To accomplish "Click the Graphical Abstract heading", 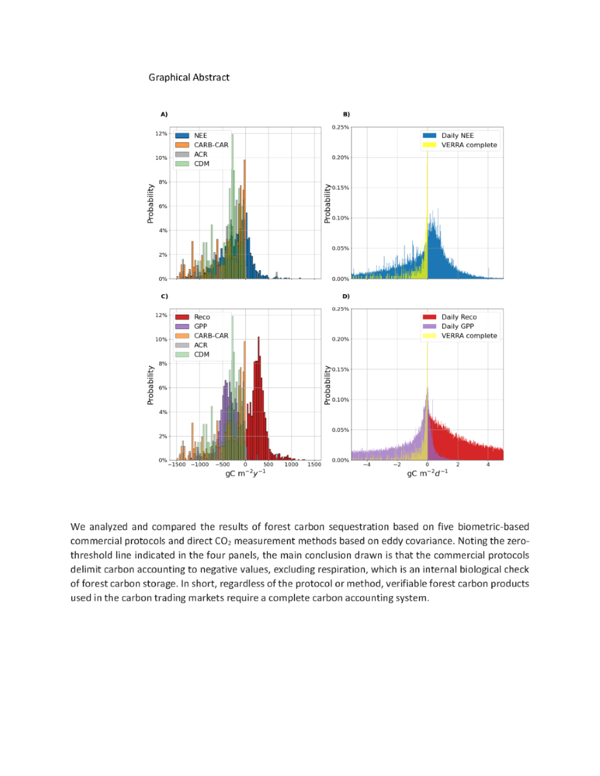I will click(189, 78).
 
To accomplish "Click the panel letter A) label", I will click(164, 114).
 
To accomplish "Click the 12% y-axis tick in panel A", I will click(161, 134).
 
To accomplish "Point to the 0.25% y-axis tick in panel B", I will click(340, 127).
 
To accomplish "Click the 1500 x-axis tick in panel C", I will click(314, 465).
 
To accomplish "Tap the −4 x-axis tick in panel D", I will click(366, 465).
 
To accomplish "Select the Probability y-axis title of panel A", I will click(150, 204).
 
